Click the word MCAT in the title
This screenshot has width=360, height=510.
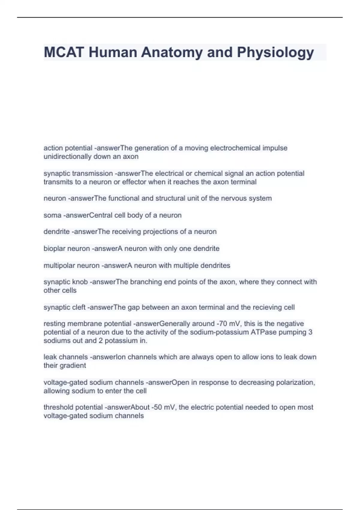tap(63, 52)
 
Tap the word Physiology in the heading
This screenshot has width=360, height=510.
tap(275, 52)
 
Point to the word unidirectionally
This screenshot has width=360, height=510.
tap(67, 156)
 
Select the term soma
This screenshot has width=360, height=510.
tap(52, 215)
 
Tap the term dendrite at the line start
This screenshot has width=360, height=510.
tap(56, 232)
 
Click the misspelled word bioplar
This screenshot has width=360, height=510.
tap(55, 248)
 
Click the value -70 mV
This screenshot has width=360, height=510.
tap(228, 324)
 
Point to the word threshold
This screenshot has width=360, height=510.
tap(58, 407)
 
